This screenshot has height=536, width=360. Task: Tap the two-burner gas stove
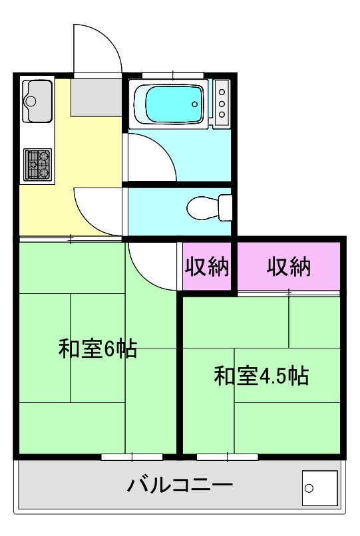pos(38,164)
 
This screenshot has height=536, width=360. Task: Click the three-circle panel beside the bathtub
pos(222,102)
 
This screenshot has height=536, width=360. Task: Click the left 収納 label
pos(206,267)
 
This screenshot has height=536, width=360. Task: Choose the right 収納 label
pos(289,267)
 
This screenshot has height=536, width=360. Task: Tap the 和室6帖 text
pos(98,348)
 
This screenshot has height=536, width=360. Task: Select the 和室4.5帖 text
pos(260,376)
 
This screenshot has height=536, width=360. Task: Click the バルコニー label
pos(180,484)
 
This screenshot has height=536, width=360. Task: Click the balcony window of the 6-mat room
pos(132,457)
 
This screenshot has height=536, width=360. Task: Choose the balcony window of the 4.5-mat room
pos(227,457)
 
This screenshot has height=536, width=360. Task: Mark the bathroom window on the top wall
pos(172,74)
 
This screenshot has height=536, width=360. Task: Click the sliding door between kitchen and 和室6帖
pos(71,238)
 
